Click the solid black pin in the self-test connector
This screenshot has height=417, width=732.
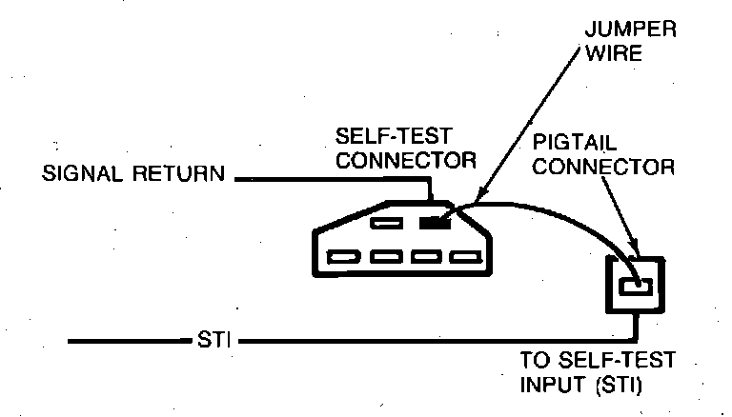click(x=435, y=224)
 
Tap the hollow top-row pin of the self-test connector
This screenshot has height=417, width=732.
click(x=385, y=224)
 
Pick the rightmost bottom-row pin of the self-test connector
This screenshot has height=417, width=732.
click(x=462, y=256)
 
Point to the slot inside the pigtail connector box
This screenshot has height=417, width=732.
click(x=633, y=285)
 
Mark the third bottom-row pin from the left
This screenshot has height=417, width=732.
click(x=423, y=256)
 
